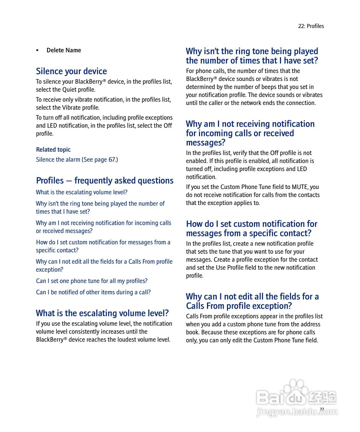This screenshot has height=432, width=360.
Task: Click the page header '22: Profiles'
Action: coord(311,26)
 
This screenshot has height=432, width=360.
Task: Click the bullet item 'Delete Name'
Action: coord(63,50)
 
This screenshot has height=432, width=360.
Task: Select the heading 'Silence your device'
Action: coord(71,71)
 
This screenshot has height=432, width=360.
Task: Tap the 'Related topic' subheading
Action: coord(53,150)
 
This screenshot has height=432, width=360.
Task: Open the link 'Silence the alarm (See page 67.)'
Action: coord(77,160)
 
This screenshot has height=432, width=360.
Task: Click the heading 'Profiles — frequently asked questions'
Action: coord(105,181)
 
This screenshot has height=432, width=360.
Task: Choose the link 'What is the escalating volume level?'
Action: coord(82,192)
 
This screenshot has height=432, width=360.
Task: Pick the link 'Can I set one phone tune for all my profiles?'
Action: coord(92,281)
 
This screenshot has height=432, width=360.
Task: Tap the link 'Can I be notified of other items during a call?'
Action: coord(94,292)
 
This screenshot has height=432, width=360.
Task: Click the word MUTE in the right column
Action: coord(299,187)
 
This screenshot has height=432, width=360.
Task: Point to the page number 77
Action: coord(322,409)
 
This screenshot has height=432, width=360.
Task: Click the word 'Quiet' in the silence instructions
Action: coord(69,90)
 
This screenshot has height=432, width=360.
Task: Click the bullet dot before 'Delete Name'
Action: coord(37,51)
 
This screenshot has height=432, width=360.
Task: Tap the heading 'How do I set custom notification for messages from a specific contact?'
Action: coord(252,228)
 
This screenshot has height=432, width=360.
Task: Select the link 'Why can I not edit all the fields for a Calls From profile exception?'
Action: coord(104,266)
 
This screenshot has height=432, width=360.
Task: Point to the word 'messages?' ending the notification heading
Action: coord(205,143)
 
